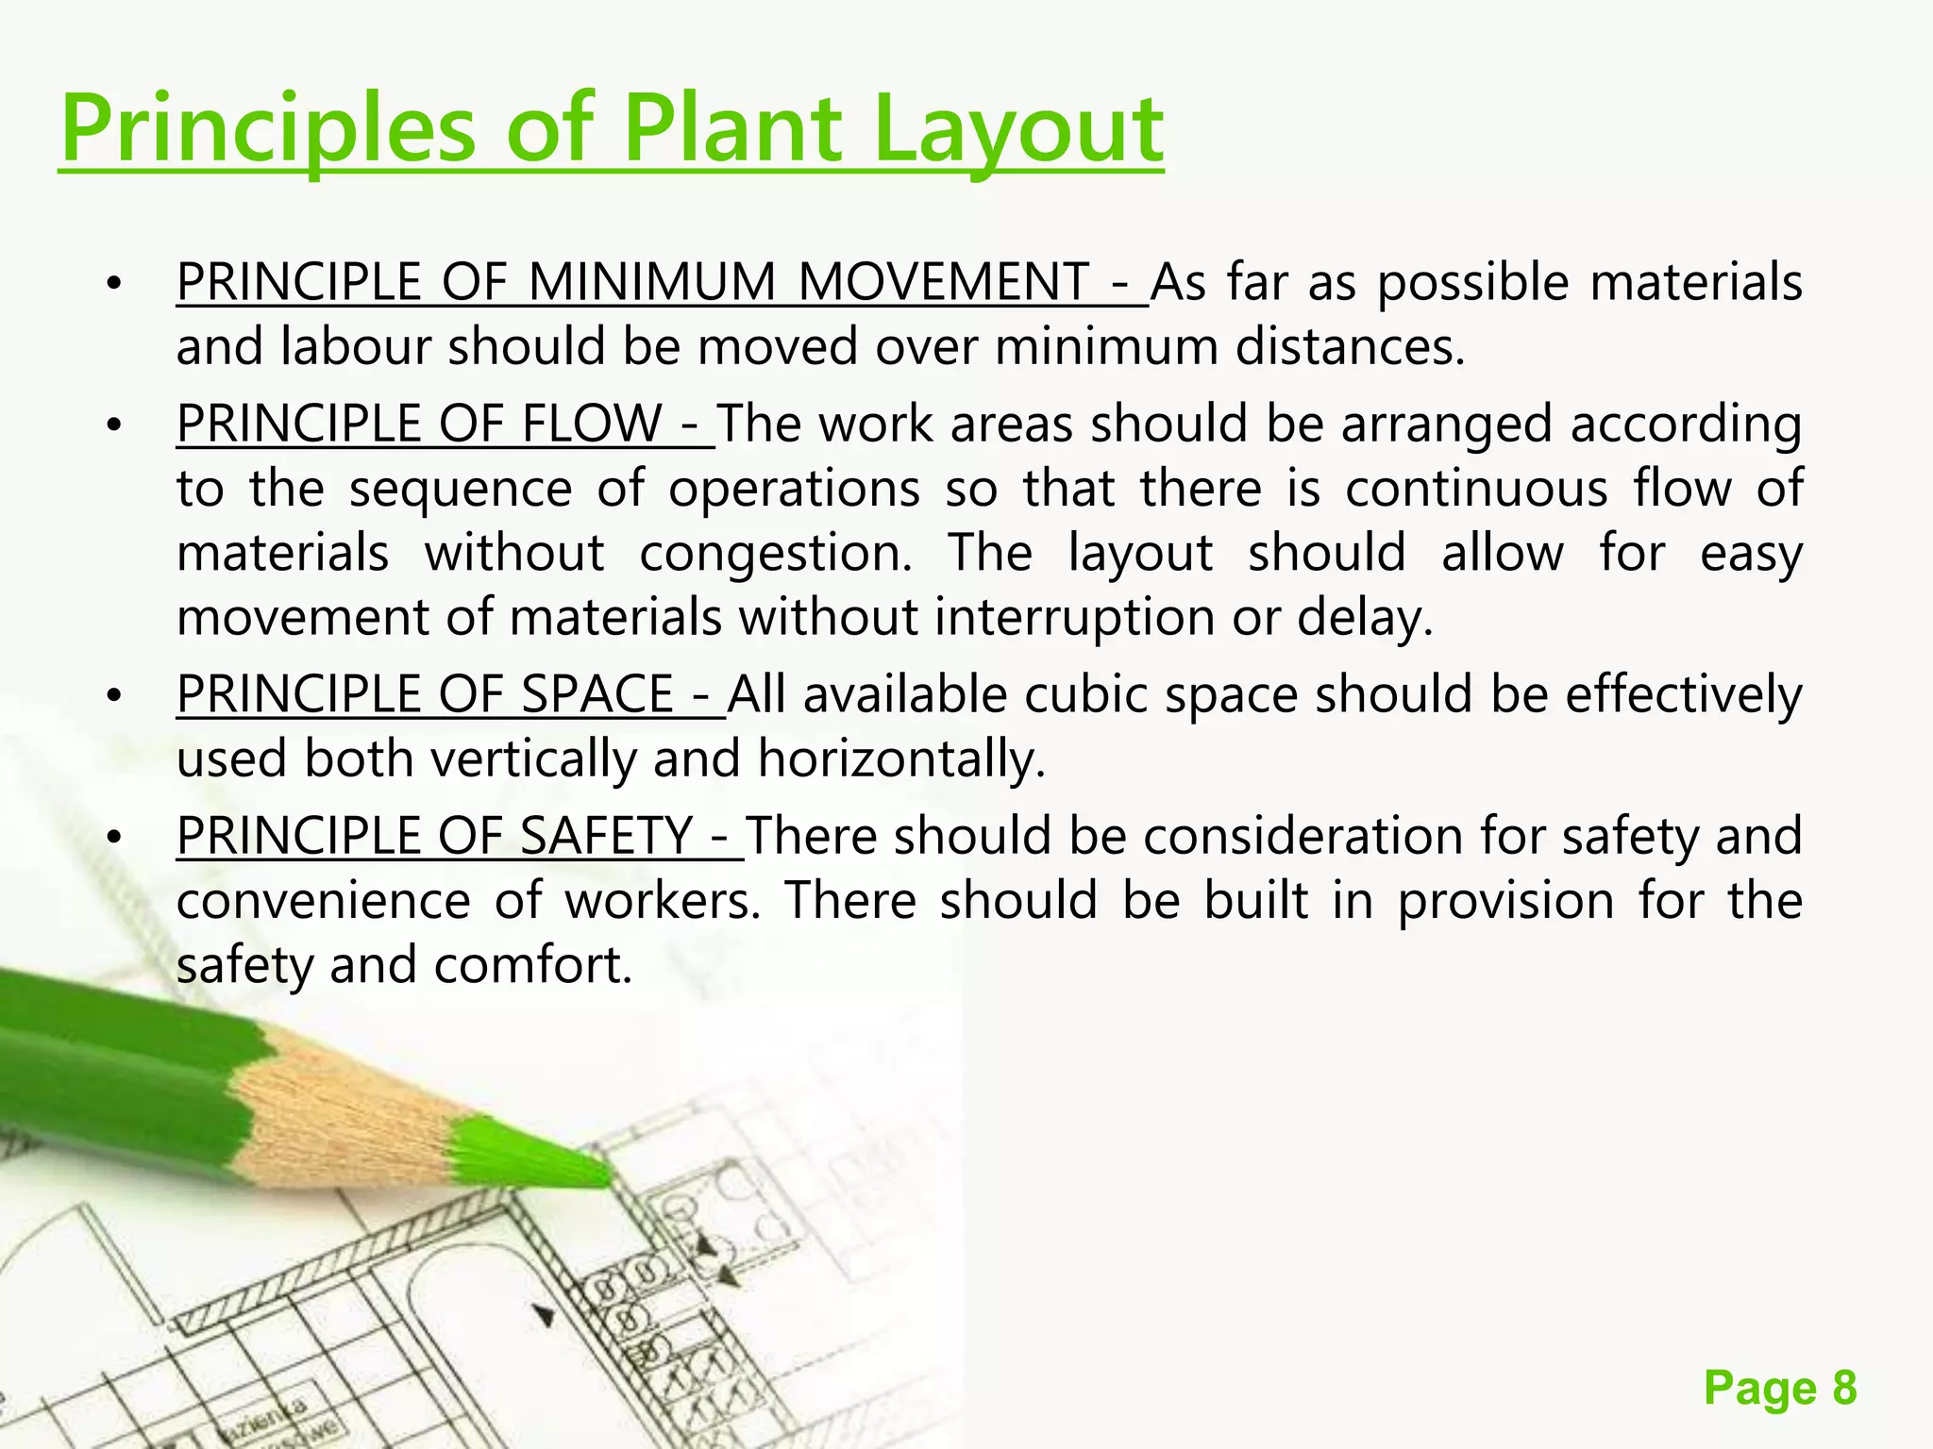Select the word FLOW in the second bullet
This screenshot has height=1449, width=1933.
592,424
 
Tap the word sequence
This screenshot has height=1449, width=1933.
461,489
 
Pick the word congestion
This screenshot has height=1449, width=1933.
776,553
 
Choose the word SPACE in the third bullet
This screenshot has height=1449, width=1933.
597,694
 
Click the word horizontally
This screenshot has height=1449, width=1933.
901,759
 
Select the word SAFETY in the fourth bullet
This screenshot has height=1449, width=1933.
606,836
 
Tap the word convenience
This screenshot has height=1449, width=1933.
323,901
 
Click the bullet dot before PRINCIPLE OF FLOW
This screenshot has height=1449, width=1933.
114,426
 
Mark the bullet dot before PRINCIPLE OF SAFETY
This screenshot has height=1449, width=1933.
114,839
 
